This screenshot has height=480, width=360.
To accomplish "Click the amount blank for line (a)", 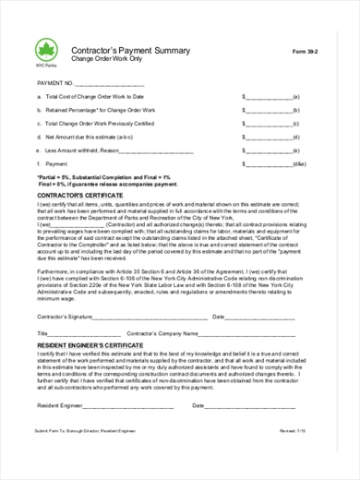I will pyautogui.click(x=268, y=96).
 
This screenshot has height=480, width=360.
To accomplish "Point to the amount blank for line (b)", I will pyautogui.click(x=268, y=110).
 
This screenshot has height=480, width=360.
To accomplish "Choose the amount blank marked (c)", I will pyautogui.click(x=268, y=123).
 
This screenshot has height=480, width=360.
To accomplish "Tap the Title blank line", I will pyautogui.click(x=83, y=331).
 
